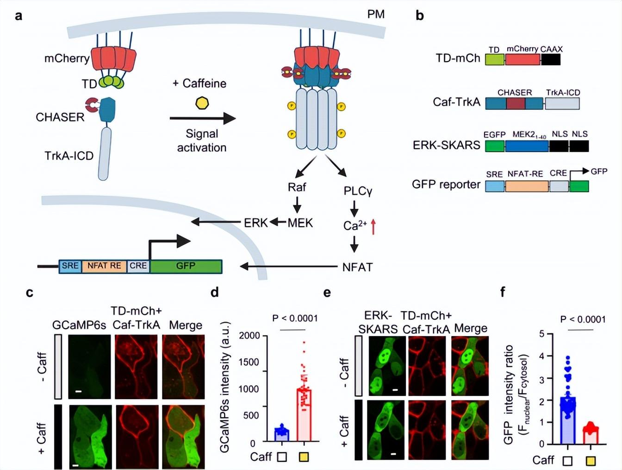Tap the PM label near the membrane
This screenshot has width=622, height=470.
click(376, 14)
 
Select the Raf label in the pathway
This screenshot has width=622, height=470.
click(297, 187)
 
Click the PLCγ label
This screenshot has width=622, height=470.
click(357, 191)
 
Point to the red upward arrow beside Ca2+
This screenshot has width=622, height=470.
click(373, 226)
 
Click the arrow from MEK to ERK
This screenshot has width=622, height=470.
click(277, 222)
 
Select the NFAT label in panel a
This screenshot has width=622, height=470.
click(357, 267)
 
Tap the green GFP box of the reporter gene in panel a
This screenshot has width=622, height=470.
click(186, 266)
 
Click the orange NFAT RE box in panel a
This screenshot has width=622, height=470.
click(104, 266)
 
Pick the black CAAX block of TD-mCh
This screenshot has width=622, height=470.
click(550, 59)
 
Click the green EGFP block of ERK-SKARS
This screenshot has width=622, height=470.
click(495, 146)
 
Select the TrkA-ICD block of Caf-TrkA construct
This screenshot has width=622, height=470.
click(562, 103)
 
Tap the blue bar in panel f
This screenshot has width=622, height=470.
click(567, 420)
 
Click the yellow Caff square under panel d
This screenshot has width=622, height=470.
click(304, 457)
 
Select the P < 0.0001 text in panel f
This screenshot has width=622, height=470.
click(583, 319)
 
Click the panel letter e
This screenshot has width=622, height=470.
click(327, 293)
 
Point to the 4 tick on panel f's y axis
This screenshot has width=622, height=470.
click(542, 356)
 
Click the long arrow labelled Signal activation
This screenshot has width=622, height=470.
click(202, 118)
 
